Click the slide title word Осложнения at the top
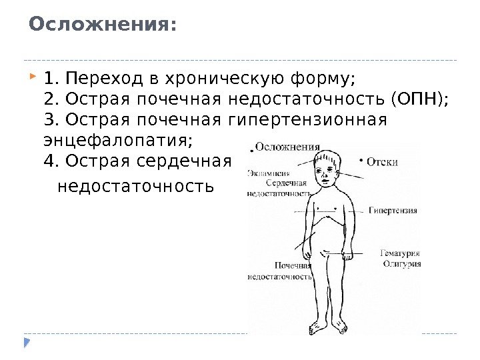click(x=103, y=25)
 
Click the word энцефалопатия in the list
click(x=117, y=141)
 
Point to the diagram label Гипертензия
click(x=393, y=210)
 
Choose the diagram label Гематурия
click(x=399, y=253)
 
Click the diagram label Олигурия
click(x=401, y=264)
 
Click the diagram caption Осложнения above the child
click(x=287, y=147)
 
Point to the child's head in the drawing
click(x=327, y=171)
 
